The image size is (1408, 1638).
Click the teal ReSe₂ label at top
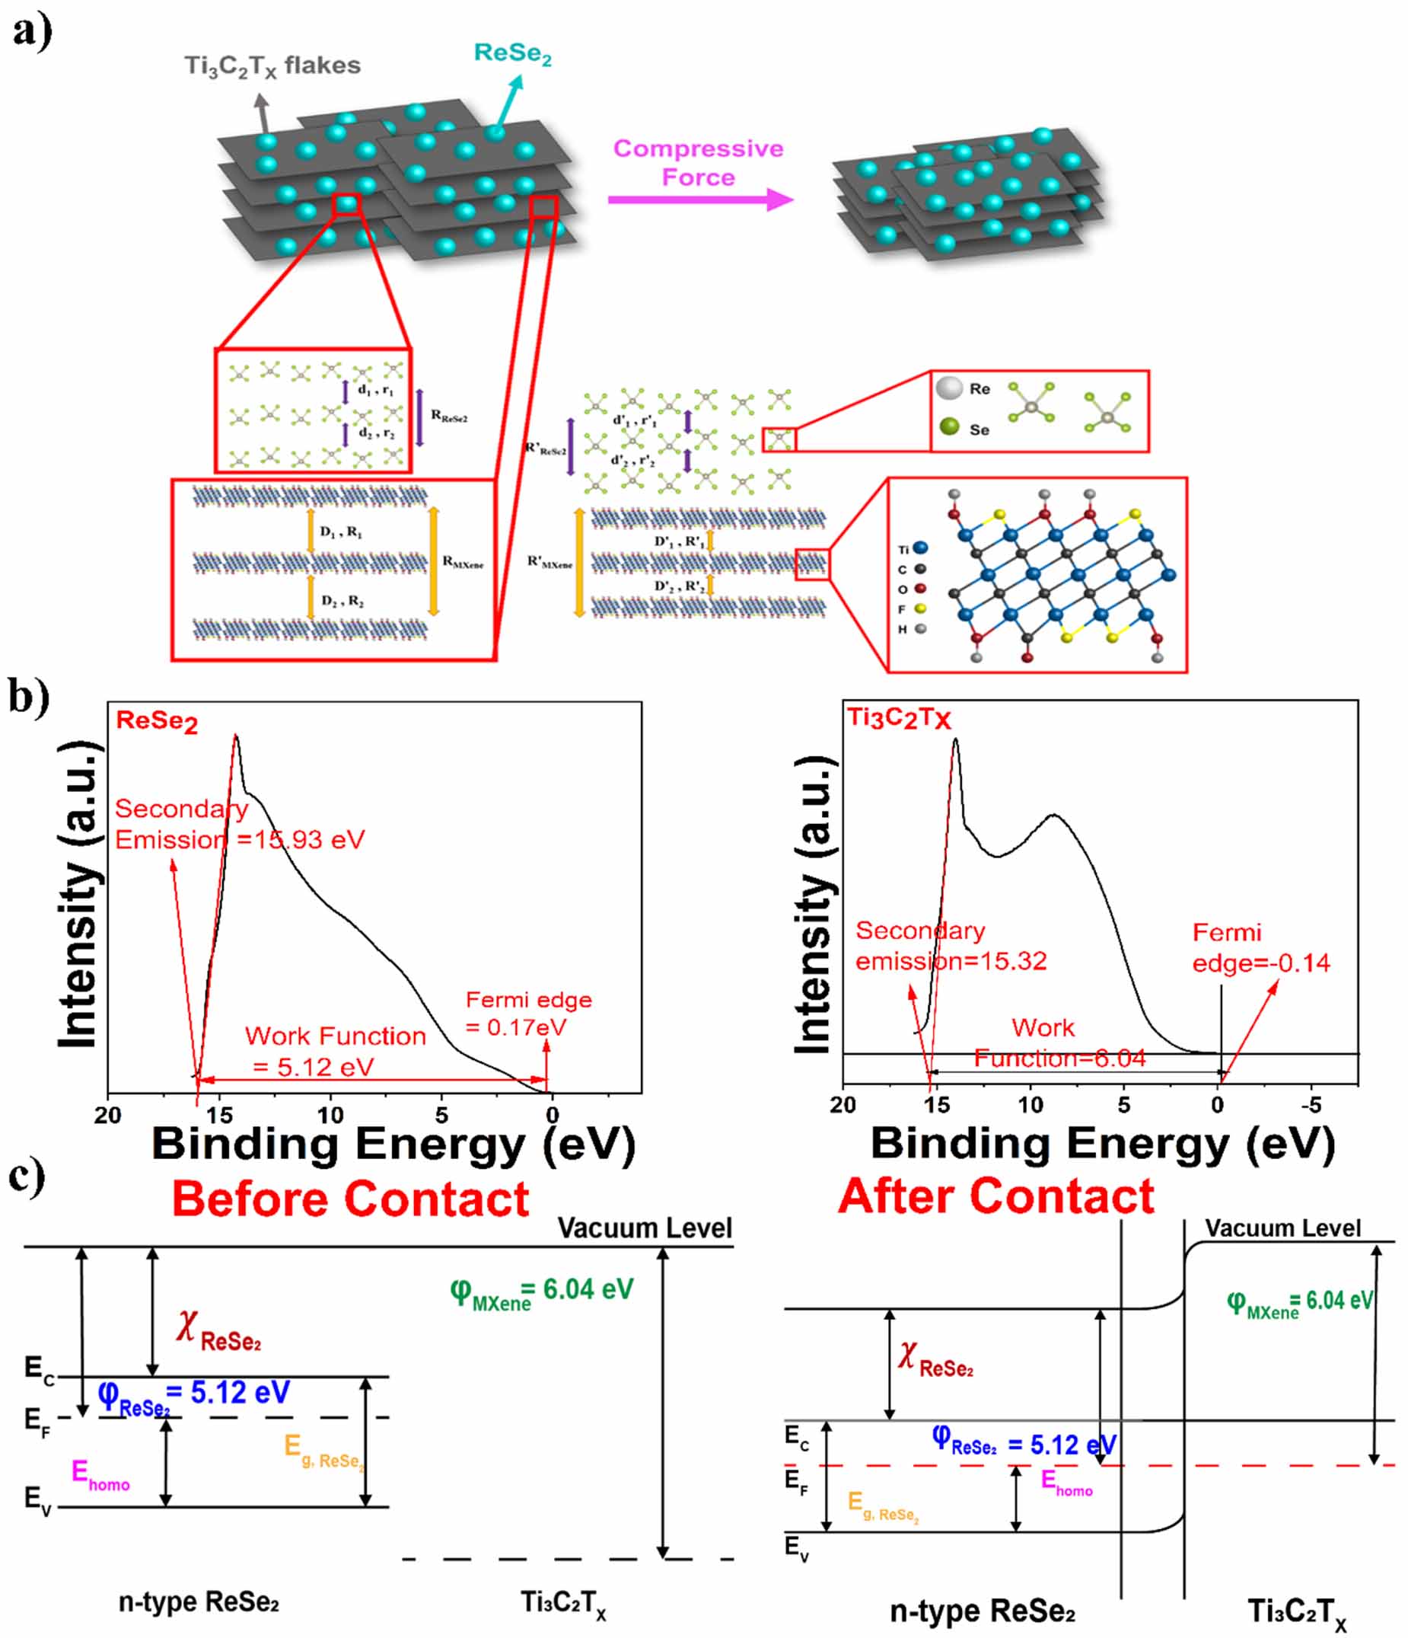pyautogui.click(x=512, y=53)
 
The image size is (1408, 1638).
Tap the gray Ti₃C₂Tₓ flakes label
pyautogui.click(x=272, y=65)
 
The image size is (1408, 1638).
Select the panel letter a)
pyautogui.click(x=32, y=32)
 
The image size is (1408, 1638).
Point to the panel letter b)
pyautogui.click(x=28, y=696)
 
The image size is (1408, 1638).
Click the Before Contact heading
pyautogui.click(x=350, y=1199)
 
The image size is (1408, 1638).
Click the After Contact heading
pyautogui.click(x=995, y=1196)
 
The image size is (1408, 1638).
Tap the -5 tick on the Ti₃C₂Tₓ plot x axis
pyautogui.click(x=1311, y=1104)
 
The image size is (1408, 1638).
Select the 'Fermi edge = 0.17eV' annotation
pyautogui.click(x=527, y=1013)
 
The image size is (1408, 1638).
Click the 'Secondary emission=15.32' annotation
pyautogui.click(x=951, y=946)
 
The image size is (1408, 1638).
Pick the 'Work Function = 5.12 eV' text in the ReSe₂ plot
pyautogui.click(x=335, y=1051)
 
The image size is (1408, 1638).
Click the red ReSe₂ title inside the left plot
pyautogui.click(x=157, y=721)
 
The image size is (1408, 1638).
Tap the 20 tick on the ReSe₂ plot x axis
pyautogui.click(x=108, y=1115)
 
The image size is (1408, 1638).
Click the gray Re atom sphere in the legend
pyautogui.click(x=949, y=388)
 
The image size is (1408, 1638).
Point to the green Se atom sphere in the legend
pyautogui.click(x=949, y=427)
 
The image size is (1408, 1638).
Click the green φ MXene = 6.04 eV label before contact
pyautogui.click(x=541, y=1290)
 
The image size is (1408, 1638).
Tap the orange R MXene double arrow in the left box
pyautogui.click(x=433, y=561)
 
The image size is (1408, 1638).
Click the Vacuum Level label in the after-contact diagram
pyautogui.click(x=1282, y=1228)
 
